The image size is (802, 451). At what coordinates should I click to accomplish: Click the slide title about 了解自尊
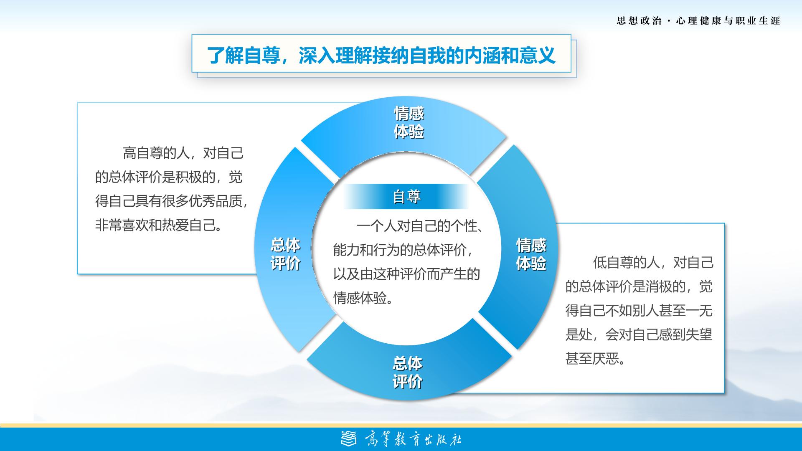381,55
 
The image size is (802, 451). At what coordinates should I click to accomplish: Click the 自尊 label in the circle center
406,196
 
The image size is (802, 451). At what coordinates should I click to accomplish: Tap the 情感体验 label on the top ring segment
409,122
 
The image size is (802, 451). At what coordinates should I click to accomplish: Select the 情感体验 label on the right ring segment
531,254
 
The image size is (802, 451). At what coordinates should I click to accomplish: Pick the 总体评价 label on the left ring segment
286,254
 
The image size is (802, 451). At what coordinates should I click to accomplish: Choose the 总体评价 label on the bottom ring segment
407,372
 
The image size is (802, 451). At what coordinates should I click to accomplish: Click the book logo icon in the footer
350,438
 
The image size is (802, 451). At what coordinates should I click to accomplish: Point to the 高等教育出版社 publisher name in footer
413,439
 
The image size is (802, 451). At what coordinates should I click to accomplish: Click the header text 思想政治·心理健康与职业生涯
698,20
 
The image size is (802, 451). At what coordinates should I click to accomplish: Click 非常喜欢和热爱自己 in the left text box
155,225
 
